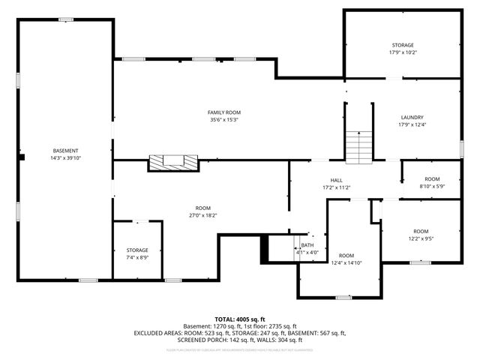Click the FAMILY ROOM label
[x=224, y=112]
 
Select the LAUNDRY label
[x=412, y=117]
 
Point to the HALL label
[x=337, y=180]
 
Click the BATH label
[x=307, y=245]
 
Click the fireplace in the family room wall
[x=173, y=162]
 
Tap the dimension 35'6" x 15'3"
[x=224, y=120]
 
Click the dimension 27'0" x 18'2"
[x=202, y=215]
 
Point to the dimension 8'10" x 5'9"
[x=432, y=186]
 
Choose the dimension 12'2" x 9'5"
[x=421, y=238]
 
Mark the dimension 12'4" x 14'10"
[x=346, y=262]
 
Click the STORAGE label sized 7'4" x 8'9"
[x=137, y=250]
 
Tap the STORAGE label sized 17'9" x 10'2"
[x=402, y=46]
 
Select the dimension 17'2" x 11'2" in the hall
[x=337, y=187]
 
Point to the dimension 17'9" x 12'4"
[x=412, y=124]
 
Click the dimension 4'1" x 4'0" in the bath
[x=307, y=252]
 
